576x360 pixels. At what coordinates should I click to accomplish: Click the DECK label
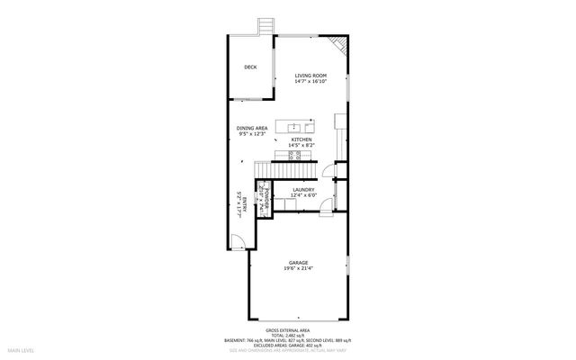[250, 67]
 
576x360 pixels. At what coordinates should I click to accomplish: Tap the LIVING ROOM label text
[309, 76]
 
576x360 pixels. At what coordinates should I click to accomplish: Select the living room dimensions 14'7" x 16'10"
[309, 82]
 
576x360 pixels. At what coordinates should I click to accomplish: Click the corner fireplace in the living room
[337, 44]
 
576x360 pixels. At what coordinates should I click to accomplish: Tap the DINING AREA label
[252, 129]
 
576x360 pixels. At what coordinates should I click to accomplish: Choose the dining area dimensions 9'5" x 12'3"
[252, 135]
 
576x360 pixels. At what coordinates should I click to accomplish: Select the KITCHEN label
[301, 139]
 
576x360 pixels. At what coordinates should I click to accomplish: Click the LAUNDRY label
[303, 189]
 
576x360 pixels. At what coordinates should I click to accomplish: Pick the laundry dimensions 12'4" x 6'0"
[303, 195]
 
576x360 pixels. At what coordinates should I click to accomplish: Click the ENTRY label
[243, 203]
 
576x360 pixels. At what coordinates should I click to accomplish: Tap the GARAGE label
[299, 262]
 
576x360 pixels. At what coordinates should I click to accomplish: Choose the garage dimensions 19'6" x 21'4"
[299, 268]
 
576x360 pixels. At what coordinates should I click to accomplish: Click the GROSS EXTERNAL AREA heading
[287, 330]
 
